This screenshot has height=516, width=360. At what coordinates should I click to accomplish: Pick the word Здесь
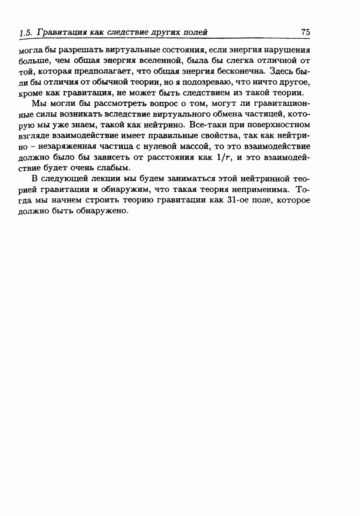point(281,70)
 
